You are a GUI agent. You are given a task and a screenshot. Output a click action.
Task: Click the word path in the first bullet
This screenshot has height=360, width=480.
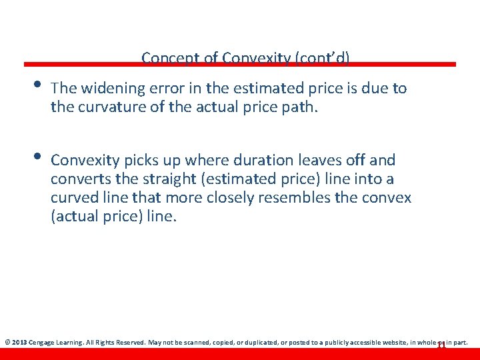302,107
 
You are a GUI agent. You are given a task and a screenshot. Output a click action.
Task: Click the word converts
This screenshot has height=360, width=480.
77,179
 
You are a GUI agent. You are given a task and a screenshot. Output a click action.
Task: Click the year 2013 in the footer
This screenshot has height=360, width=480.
19,342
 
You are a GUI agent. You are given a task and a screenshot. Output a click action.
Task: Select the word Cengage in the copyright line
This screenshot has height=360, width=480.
43,342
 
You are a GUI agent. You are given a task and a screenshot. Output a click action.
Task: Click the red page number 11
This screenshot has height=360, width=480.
441,345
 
